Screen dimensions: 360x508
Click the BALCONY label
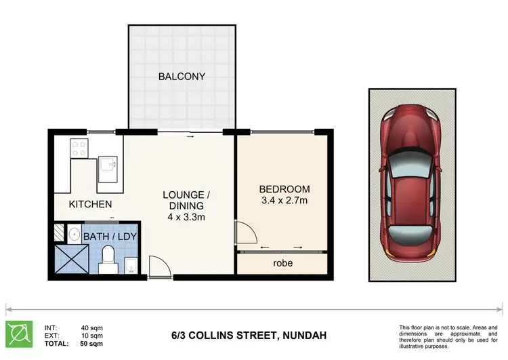click(x=182, y=77)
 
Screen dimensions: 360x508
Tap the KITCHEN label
click(x=90, y=204)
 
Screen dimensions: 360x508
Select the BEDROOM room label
click(x=284, y=189)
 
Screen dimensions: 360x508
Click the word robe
click(x=282, y=262)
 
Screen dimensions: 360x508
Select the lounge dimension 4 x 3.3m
click(x=186, y=217)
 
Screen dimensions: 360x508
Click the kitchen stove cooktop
click(x=79, y=147)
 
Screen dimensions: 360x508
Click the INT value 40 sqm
click(x=91, y=327)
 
